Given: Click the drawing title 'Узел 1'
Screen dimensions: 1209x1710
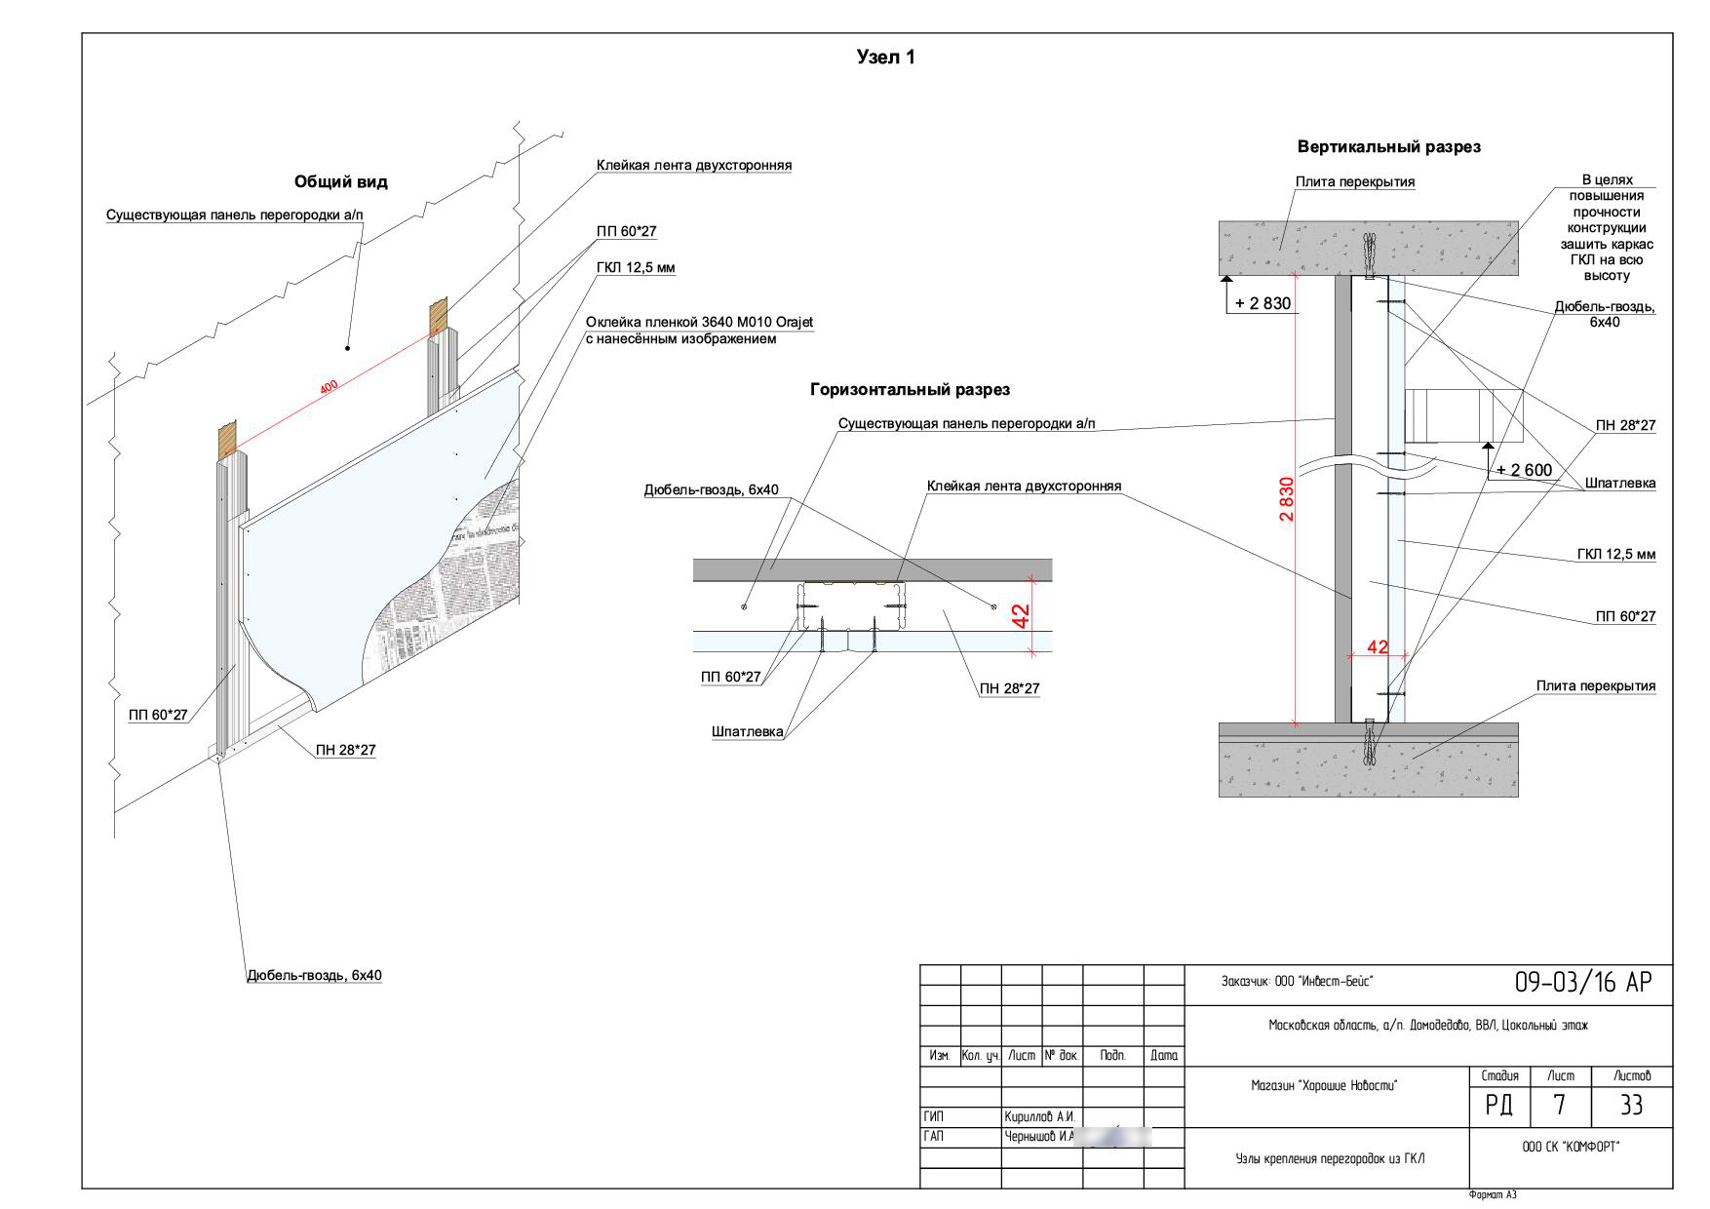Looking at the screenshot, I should tap(885, 58).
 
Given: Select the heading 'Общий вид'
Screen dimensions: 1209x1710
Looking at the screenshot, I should tap(340, 182).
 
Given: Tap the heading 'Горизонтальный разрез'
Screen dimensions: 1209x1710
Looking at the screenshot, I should tap(910, 390).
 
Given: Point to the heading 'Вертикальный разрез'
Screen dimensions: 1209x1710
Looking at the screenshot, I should tap(1388, 147).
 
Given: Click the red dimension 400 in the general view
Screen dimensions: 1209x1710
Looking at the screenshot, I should tap(330, 387).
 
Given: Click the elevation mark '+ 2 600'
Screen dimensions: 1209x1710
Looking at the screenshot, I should tap(1524, 470).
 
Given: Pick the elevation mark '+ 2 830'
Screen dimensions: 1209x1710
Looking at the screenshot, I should tap(1263, 303).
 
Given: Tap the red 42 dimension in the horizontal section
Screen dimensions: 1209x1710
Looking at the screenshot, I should tap(1021, 616).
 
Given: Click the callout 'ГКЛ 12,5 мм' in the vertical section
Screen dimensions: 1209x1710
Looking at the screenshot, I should tap(1616, 555).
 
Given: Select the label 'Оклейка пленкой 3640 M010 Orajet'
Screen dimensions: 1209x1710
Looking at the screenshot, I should tap(699, 323).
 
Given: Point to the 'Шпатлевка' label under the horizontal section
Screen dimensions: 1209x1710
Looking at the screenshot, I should tap(748, 733).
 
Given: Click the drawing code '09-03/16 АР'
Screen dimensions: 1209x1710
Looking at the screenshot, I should tap(1583, 983).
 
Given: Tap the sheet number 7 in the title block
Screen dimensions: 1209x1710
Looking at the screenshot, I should tap(1559, 1106).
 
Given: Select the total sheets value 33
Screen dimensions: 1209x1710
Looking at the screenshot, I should tap(1631, 1106).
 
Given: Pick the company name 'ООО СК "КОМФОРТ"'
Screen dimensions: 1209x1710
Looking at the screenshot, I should tap(1571, 1147).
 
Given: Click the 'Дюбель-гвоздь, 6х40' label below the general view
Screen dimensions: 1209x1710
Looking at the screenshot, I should tap(313, 975).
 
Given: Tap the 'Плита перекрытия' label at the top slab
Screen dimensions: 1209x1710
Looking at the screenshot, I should tap(1354, 182).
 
